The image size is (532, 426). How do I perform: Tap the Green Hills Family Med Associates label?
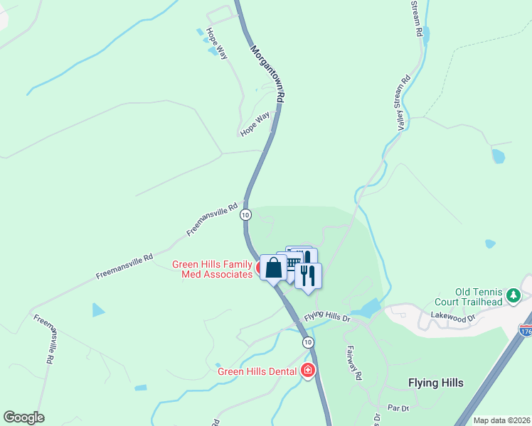[212, 269]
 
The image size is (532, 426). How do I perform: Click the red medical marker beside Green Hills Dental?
[307, 371]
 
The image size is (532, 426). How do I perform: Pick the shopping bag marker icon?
[273, 268]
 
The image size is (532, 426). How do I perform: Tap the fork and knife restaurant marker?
[308, 275]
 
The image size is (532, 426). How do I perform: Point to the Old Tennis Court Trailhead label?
[479, 297]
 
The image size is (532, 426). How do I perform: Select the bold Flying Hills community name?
[436, 383]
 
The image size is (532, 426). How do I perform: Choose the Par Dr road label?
[398, 408]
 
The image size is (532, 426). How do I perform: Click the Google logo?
[23, 417]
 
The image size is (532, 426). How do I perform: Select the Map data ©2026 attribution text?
[501, 420]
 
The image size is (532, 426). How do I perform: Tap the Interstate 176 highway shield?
[526, 331]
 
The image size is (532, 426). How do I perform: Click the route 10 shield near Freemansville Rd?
[245, 214]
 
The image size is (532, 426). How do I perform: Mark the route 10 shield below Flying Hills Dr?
[307, 342]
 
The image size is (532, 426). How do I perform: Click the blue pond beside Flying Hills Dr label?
[367, 308]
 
